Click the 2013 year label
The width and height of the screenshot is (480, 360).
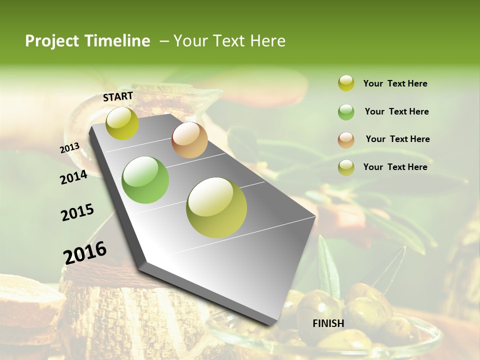click(69, 147)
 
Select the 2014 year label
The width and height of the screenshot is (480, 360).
click(73, 177)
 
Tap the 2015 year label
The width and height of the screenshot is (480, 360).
click(77, 212)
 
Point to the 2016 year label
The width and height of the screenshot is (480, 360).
click(85, 252)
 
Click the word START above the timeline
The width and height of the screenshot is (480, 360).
click(118, 96)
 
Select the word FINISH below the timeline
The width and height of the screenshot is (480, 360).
click(328, 323)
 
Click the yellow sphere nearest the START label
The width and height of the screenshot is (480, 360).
click(122, 123)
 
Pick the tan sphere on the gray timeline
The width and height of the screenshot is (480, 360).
click(189, 140)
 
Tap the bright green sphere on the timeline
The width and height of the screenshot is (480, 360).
click(145, 180)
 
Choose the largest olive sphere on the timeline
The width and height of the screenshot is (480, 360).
click(216, 207)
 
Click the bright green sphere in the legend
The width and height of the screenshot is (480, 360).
click(346, 112)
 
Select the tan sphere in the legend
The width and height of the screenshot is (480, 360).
click(346, 140)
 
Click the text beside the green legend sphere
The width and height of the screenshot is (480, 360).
click(396, 111)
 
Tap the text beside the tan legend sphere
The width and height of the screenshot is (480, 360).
click(397, 139)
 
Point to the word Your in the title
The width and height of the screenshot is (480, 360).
click(190, 41)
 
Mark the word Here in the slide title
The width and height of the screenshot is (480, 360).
click(267, 41)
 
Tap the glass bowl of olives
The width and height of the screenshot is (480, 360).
click(320, 340)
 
